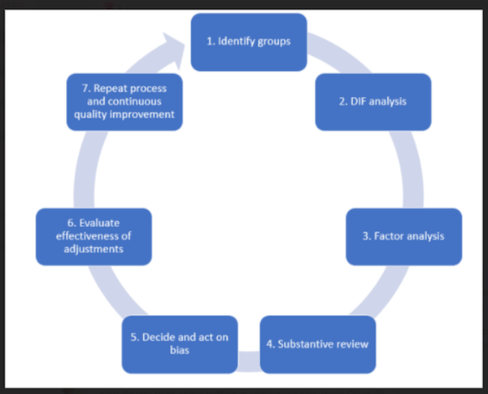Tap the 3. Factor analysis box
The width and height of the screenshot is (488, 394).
403,237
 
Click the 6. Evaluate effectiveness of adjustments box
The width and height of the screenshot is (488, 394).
94,237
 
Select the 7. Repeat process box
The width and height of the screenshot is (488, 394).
122,103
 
